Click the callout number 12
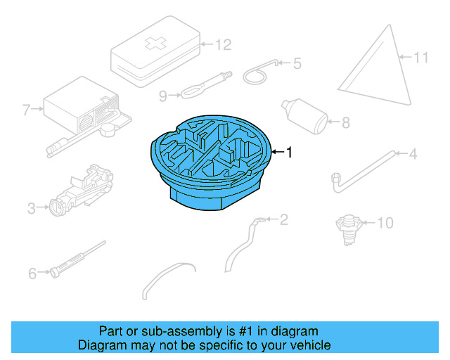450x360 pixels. pyautogui.click(x=222, y=45)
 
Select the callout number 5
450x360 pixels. pyautogui.click(x=297, y=64)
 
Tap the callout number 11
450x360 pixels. pyautogui.click(x=420, y=58)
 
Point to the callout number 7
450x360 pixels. pyautogui.click(x=27, y=110)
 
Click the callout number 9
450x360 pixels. pyautogui.click(x=162, y=95)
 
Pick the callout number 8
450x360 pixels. pyautogui.click(x=345, y=123)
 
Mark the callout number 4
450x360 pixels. pyautogui.click(x=413, y=153)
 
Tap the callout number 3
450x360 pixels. pyautogui.click(x=32, y=208)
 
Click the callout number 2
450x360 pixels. pyautogui.click(x=283, y=220)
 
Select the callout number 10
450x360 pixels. pyautogui.click(x=385, y=224)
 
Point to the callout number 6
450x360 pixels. pyautogui.click(x=32, y=274)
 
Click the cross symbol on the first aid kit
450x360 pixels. pyautogui.click(x=153, y=44)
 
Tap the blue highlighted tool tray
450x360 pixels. pyautogui.click(x=211, y=162)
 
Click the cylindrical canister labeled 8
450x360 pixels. pyautogui.click(x=306, y=115)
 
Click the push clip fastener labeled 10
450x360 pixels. pyautogui.click(x=347, y=227)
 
